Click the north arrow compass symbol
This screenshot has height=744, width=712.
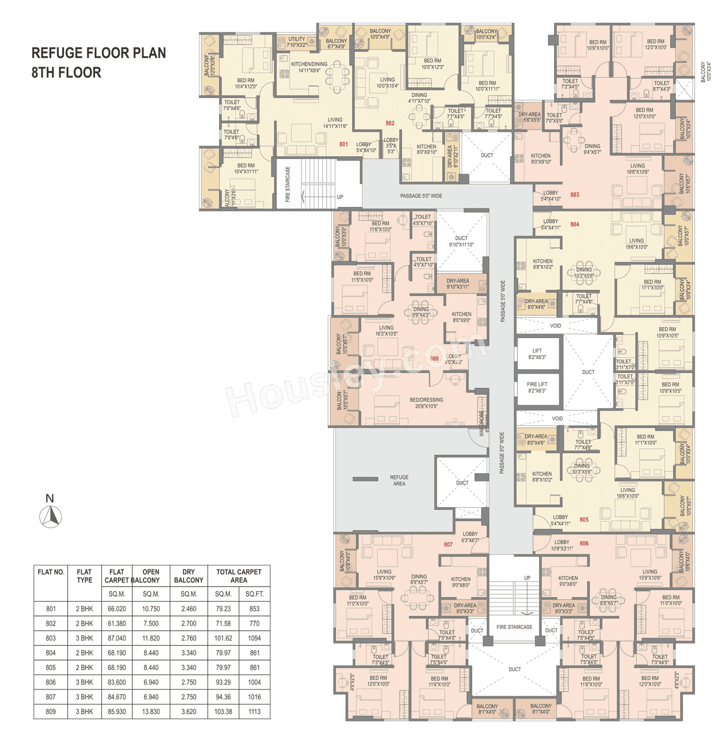(51, 517)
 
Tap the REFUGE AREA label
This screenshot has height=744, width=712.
(399, 480)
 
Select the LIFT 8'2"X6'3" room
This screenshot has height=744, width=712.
(537, 354)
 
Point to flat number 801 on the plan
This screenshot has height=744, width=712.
(344, 144)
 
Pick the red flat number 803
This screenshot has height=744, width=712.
(575, 195)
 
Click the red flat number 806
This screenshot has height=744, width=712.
(584, 543)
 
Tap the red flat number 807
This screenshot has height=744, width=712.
(448, 544)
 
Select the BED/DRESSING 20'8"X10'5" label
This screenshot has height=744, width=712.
(426, 403)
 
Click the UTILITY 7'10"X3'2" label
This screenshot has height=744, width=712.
(296, 42)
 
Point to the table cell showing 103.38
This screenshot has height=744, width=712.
(223, 712)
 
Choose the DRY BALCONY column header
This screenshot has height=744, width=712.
(189, 576)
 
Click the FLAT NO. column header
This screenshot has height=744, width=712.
(51, 572)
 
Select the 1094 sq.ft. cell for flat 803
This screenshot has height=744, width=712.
(254, 638)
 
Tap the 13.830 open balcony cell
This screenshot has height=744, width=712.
(151, 712)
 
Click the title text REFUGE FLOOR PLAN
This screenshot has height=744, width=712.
(98, 53)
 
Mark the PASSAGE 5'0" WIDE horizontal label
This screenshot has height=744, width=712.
(421, 196)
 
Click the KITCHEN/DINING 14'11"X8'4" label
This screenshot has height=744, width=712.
(309, 67)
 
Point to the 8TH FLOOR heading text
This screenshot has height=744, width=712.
(66, 73)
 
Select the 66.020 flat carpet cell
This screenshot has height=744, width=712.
(117, 609)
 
